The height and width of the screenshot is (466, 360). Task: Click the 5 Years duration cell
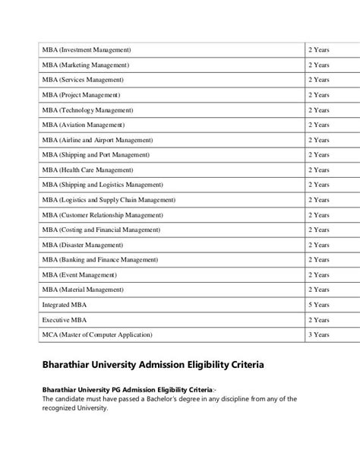(318, 305)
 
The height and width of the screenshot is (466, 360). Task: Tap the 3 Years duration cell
(318, 334)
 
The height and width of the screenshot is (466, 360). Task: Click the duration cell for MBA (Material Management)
(318, 290)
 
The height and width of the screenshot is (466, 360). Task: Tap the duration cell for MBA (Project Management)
(318, 95)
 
